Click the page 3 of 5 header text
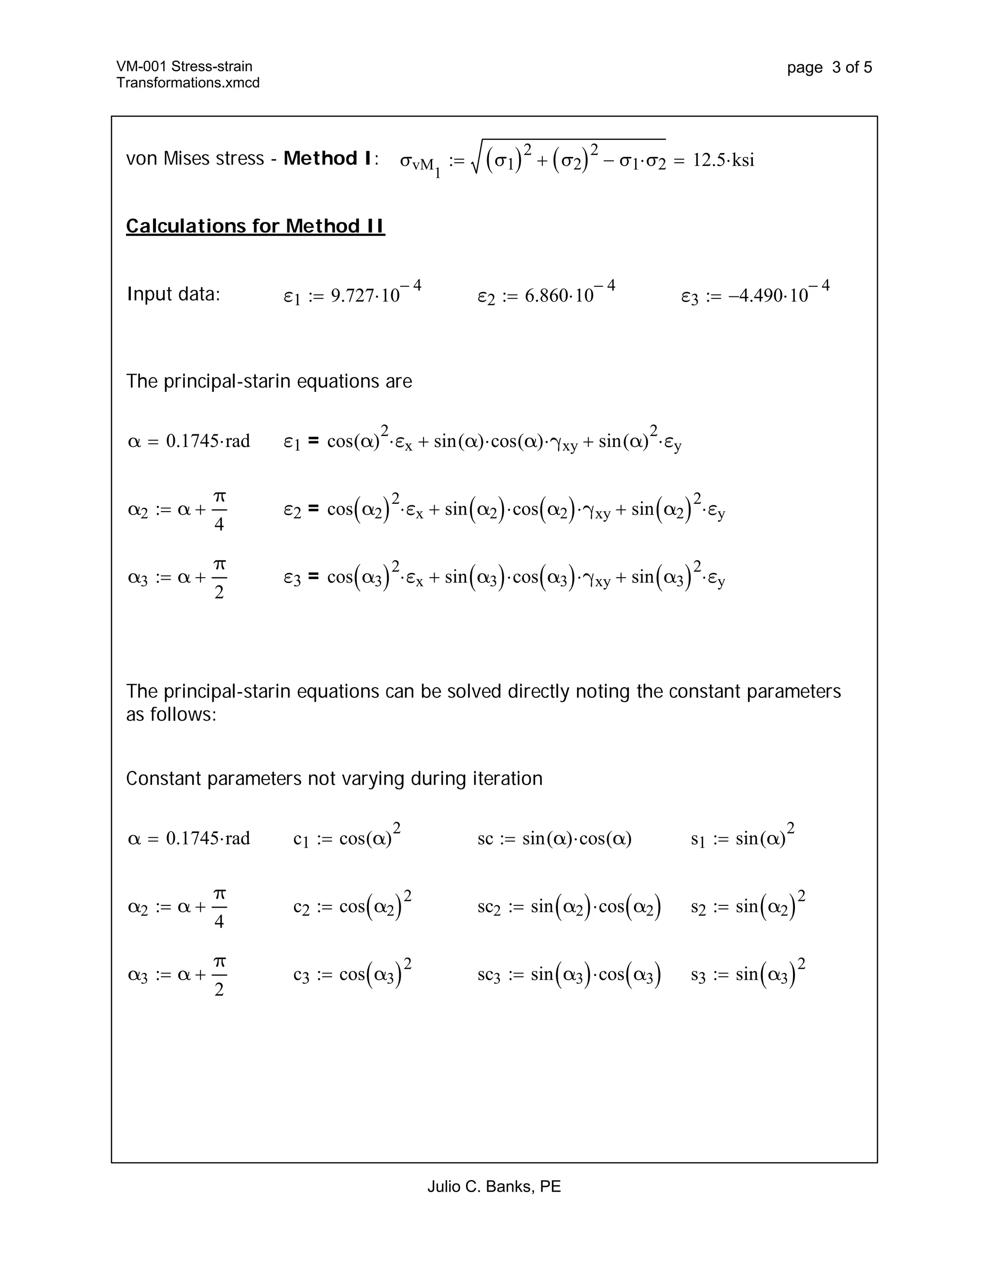point(829,68)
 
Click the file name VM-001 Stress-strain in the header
point(184,66)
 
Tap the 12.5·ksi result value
point(723,160)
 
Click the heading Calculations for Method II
point(255,226)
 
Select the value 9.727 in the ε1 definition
point(352,296)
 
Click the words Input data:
point(173,294)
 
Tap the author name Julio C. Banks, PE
point(494,1186)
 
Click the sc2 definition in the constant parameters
point(569,906)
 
